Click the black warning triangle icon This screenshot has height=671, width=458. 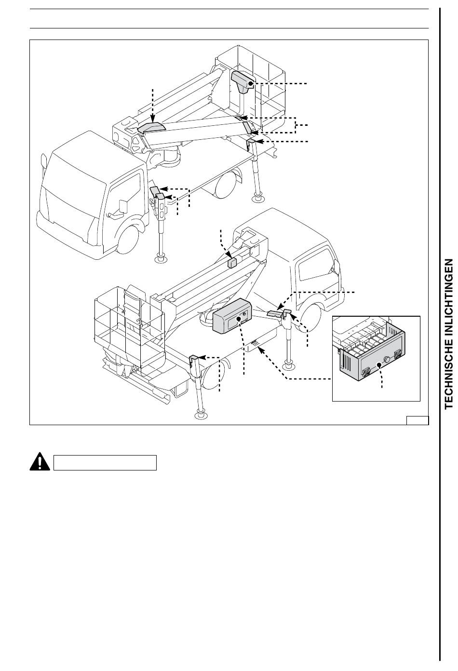pos(40,462)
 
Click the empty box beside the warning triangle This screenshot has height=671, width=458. pos(105,462)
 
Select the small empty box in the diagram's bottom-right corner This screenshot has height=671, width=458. pos(417,419)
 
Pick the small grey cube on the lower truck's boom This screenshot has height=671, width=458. pos(233,262)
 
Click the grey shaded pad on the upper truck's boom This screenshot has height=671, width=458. pos(151,128)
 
